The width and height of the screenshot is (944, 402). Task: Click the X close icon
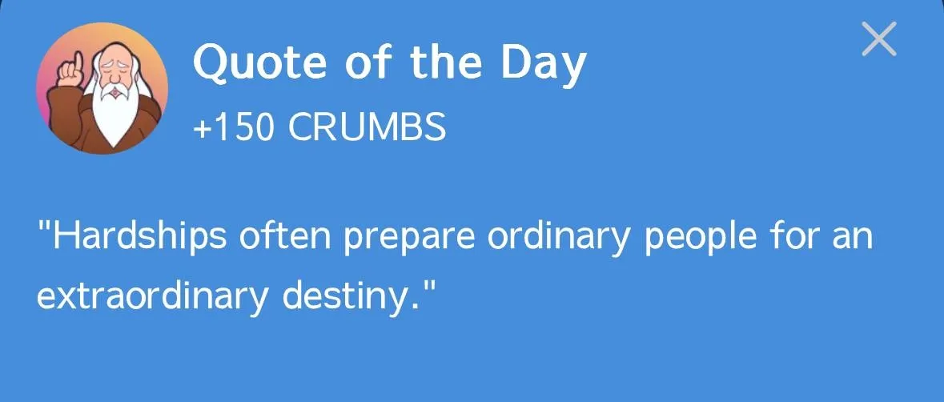pyautogui.click(x=878, y=39)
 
